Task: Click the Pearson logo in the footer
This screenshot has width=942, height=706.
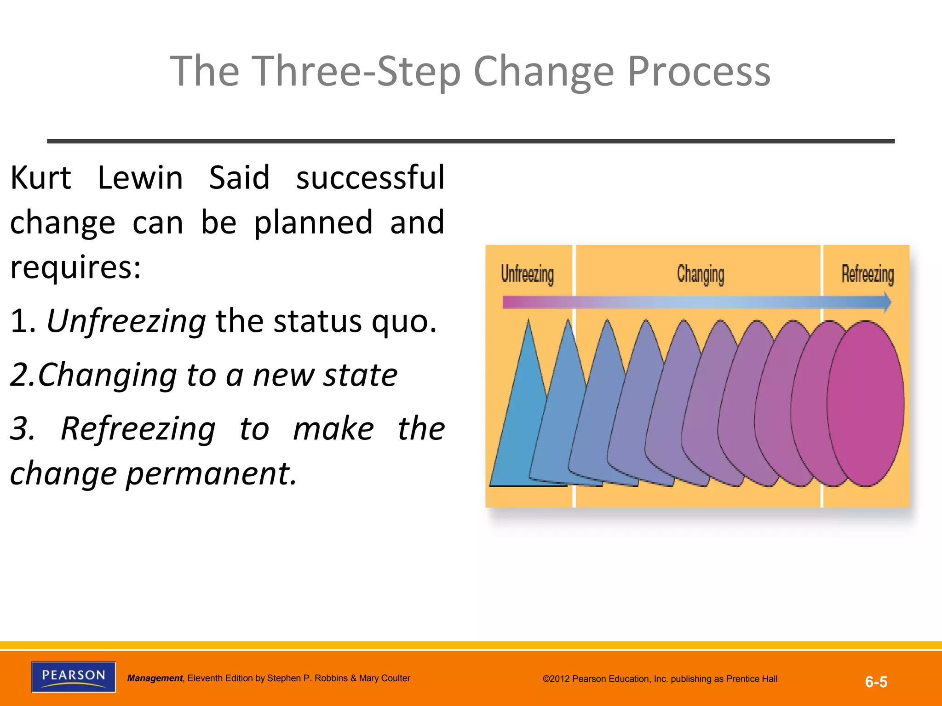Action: coord(74,677)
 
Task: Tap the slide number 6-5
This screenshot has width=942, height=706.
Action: coord(876,682)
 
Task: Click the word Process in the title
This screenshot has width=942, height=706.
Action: coord(699,71)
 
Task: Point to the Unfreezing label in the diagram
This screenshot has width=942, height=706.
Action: coord(527,274)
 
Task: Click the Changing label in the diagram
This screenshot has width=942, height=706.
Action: coord(700,274)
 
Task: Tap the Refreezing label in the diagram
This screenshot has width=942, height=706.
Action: coord(867,274)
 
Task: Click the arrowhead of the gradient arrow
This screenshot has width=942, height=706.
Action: coord(887,302)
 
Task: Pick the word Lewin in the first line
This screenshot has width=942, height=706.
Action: coord(140,178)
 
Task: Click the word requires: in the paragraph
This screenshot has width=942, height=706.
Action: coord(75,267)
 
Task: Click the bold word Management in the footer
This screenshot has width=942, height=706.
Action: coord(155,678)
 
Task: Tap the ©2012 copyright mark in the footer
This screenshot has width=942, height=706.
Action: coord(557,679)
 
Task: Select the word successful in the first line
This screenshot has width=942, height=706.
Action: coord(370,178)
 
